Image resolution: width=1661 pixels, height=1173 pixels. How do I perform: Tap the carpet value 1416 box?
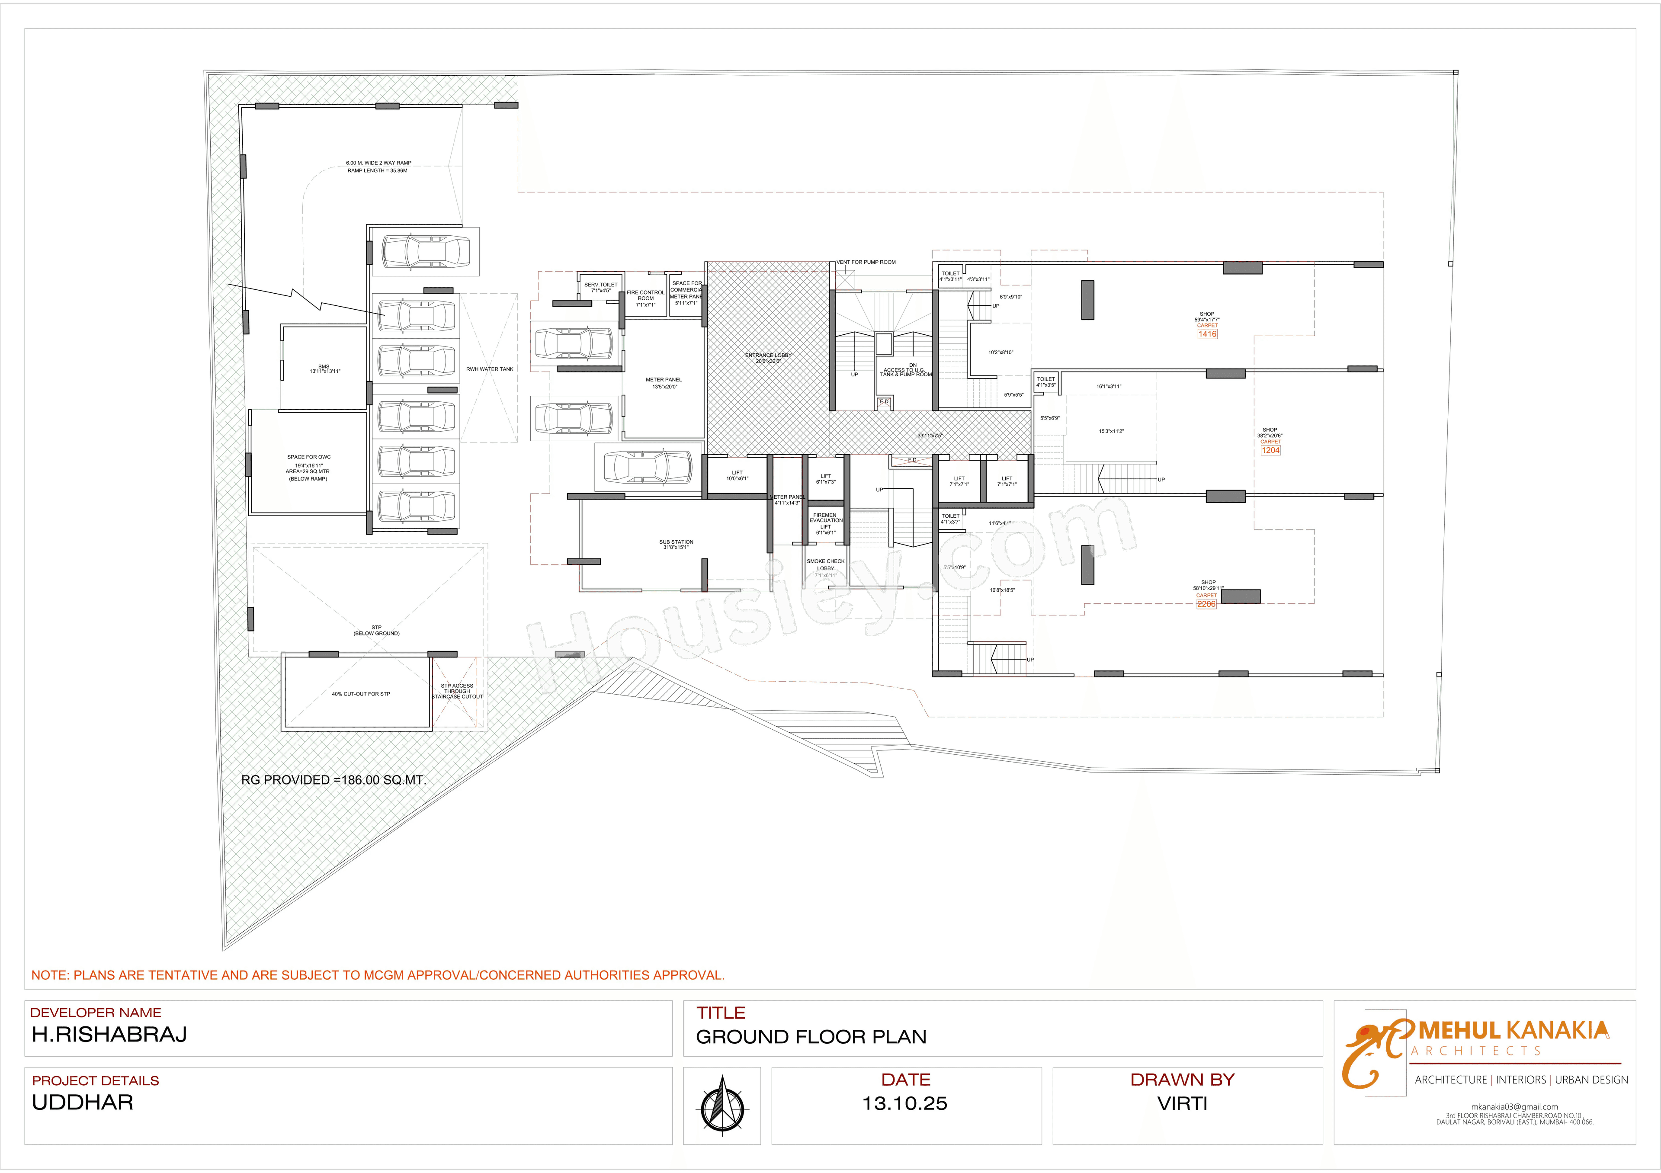1207,334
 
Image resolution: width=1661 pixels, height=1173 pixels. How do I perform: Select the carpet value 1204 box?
1270,450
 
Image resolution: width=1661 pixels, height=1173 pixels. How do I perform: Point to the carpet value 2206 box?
1206,604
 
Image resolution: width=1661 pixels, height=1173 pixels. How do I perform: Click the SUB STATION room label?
676,544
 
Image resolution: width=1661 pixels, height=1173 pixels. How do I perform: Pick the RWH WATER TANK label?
489,369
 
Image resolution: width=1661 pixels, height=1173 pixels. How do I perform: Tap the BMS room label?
324,369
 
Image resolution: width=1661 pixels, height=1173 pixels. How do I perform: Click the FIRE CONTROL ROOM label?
645,298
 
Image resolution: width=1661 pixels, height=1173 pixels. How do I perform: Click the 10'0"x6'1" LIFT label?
737,475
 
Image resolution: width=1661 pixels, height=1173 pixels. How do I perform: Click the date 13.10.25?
905,1103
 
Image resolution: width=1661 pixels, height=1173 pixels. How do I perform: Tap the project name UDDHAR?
83,1102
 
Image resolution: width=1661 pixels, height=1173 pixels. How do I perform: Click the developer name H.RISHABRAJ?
109,1034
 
